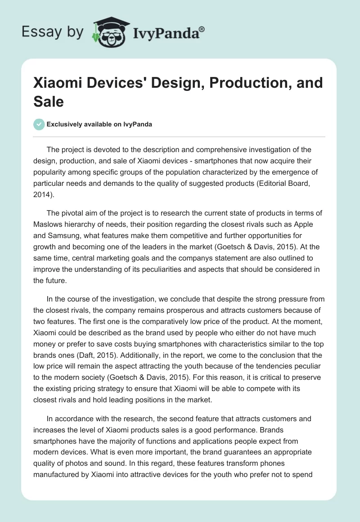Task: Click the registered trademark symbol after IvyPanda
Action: click(x=202, y=29)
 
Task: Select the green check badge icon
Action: click(x=39, y=124)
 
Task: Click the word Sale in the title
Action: click(x=49, y=102)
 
